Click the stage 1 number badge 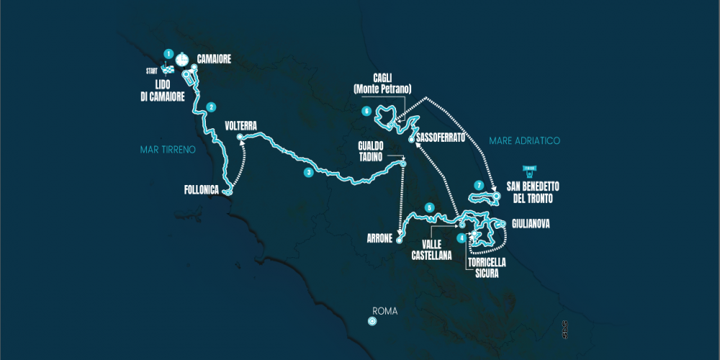coord(168,54)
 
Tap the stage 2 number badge coord(211,107)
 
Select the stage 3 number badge coord(307,172)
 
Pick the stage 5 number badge coord(429,208)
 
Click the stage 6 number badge coord(366,112)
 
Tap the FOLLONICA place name coord(202,191)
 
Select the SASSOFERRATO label coord(442,137)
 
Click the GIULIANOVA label coord(531,224)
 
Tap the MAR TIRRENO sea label coord(168,150)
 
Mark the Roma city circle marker coord(372,321)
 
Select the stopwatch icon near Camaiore coord(181,58)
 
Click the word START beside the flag coord(152,71)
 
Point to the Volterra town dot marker coord(240,136)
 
